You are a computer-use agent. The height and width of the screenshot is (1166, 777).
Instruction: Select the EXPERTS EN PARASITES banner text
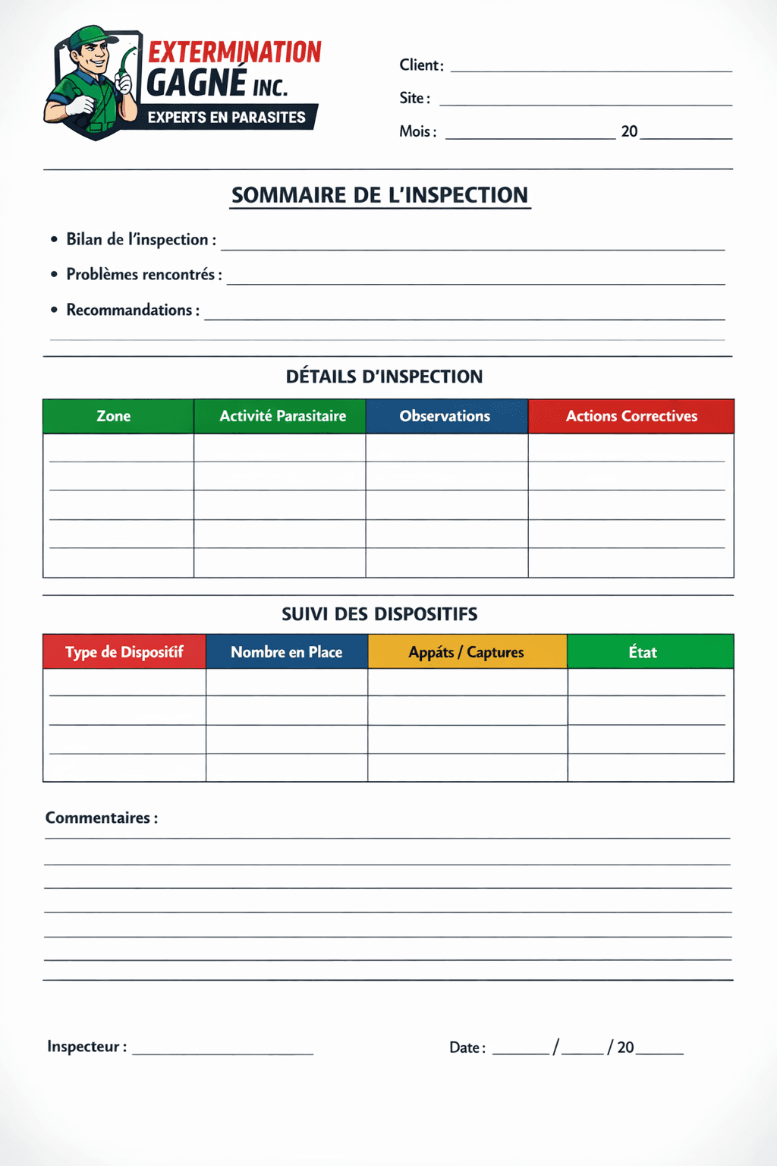point(226,118)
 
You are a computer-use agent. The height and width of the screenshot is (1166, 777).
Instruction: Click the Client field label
point(421,65)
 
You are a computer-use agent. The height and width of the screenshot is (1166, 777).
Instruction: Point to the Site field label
point(414,98)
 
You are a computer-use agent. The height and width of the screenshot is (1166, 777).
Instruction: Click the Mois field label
point(417,131)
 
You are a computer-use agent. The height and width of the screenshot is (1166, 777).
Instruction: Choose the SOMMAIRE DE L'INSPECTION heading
point(379,195)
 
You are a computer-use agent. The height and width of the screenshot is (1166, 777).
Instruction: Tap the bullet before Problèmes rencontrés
point(54,274)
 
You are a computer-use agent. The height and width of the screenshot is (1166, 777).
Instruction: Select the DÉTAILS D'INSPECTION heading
point(384,377)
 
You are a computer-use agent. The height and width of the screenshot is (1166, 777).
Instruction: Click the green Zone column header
point(114,416)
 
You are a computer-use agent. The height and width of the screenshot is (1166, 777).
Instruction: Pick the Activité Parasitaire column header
point(282,416)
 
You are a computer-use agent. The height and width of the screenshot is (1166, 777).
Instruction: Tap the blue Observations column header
point(445,416)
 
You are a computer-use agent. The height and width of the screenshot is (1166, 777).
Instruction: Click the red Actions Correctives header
point(631,416)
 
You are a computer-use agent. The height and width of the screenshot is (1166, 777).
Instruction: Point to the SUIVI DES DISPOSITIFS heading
point(379,614)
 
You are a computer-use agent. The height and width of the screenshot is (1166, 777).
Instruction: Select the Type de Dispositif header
point(124,652)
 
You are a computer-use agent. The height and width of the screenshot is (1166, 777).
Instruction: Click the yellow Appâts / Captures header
point(467,652)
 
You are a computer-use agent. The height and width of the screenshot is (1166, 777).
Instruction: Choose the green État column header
point(643,652)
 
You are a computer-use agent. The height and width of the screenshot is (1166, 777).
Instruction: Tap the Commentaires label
point(101,818)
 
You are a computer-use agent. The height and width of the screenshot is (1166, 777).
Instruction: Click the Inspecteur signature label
point(87,1047)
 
